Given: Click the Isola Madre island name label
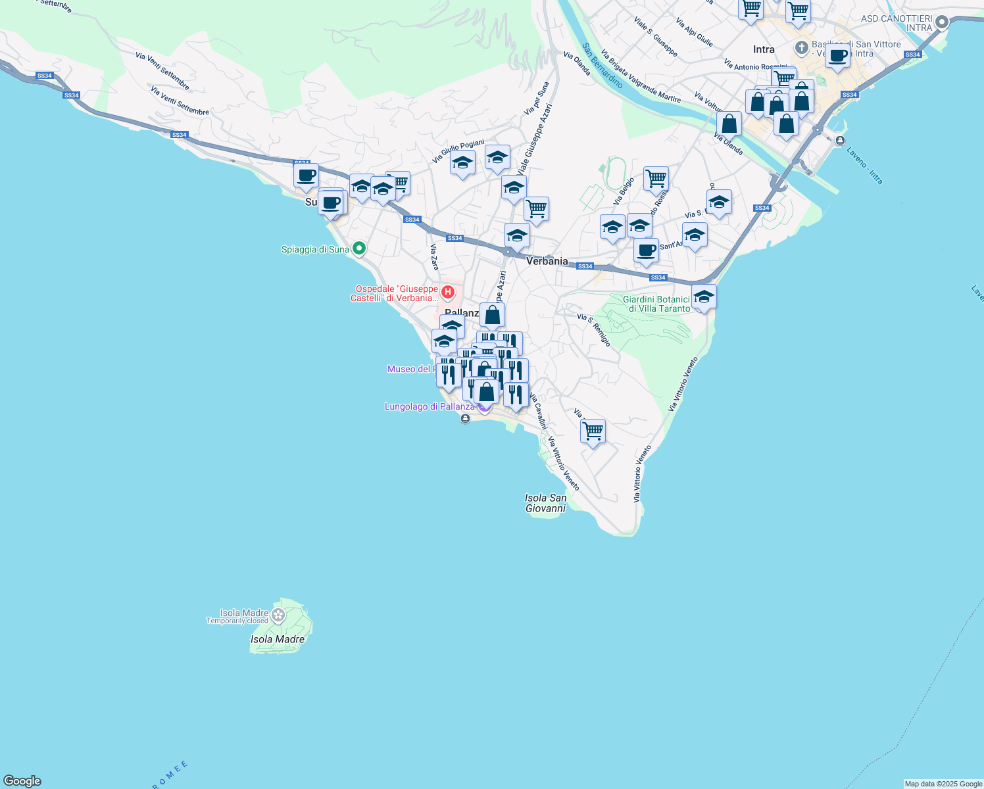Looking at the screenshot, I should (278, 639).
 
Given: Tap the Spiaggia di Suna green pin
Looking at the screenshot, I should (358, 249).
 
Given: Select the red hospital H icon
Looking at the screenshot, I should (448, 291).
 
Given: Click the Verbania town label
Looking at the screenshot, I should (547, 261).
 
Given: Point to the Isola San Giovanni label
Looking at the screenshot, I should (546, 503).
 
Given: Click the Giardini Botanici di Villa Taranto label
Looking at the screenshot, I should (656, 304).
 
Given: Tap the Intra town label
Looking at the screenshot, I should (764, 49).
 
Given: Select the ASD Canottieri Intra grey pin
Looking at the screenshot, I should (941, 22).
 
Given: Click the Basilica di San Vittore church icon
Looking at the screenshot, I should (801, 47).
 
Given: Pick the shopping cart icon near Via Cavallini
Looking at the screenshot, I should (593, 431).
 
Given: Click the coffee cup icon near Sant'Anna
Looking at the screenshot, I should (646, 251).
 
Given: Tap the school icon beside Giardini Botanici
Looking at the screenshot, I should (703, 297).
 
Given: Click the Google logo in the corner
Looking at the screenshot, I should (22, 781).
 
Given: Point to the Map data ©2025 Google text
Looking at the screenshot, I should (943, 784).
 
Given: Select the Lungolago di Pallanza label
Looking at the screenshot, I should (430, 407).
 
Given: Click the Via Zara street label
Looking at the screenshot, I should (434, 257).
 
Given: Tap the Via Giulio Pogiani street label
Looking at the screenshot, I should (458, 152).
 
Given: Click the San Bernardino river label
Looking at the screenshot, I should (602, 66).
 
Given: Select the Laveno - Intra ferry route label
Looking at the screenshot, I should (864, 166).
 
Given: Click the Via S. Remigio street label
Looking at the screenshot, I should (594, 330).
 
